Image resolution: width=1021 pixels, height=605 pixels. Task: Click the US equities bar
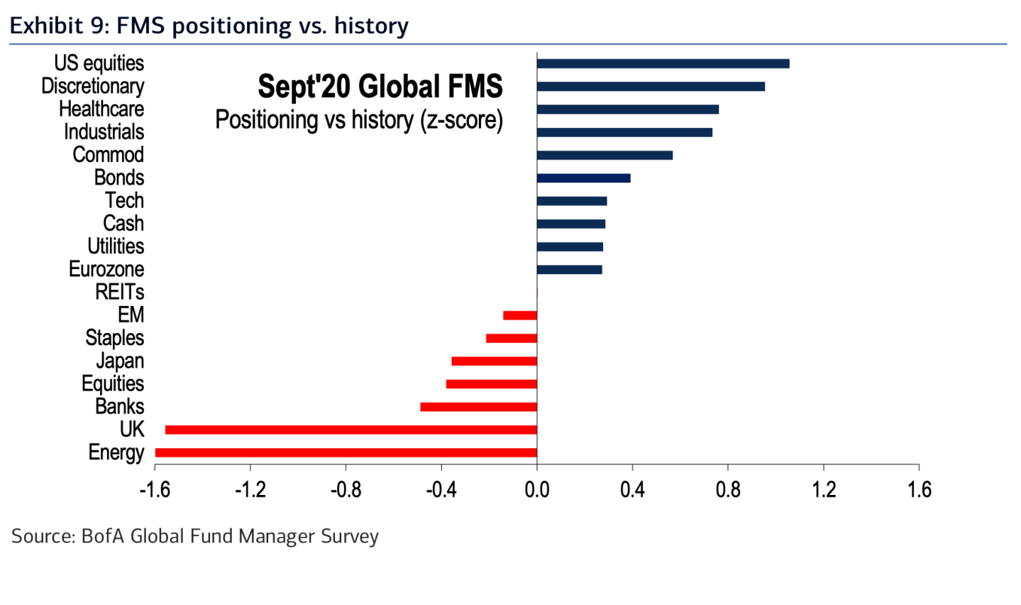click(663, 64)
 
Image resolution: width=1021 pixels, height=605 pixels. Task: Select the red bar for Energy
click(346, 453)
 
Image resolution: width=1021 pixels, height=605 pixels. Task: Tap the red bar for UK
click(351, 430)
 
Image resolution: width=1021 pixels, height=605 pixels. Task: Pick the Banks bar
click(478, 407)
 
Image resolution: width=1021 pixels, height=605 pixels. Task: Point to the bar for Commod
click(605, 156)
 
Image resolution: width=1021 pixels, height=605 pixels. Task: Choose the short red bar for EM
click(520, 315)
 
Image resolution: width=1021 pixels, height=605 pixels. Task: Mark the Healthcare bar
click(627, 109)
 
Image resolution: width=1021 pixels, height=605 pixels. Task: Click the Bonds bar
click(583, 178)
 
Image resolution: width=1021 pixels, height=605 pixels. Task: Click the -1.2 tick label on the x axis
click(250, 489)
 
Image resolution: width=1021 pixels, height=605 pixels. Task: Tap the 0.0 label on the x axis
click(537, 489)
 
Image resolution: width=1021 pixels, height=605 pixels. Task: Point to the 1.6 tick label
click(920, 489)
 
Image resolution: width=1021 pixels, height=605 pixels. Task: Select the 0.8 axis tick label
click(728, 489)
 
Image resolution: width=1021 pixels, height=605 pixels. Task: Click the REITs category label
click(119, 292)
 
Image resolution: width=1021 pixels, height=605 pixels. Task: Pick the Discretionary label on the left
click(92, 86)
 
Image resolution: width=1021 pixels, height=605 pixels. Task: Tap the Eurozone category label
click(106, 269)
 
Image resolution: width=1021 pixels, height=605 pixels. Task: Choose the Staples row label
click(114, 338)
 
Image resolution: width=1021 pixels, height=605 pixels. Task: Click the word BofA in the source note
click(102, 536)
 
